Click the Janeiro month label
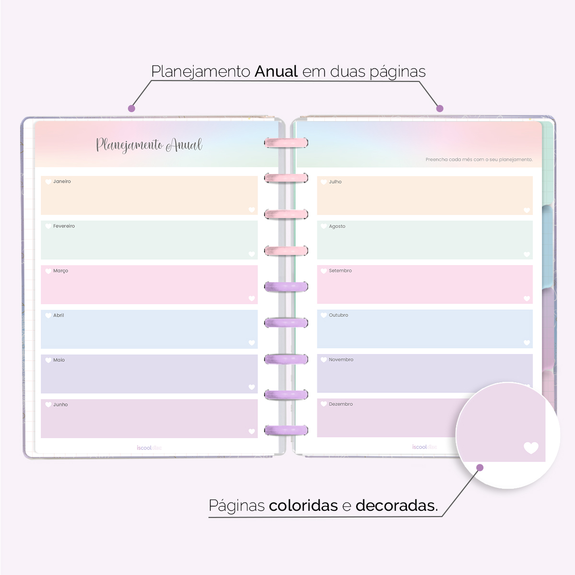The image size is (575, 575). tap(62, 182)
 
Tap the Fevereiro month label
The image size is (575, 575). tap(64, 226)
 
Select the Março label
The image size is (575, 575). tap(60, 271)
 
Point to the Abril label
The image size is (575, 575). tap(58, 315)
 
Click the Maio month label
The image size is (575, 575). tap(59, 360)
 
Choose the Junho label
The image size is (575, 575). tap(60, 404)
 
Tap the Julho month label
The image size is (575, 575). tap(335, 182)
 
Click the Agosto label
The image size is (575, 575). tap(337, 226)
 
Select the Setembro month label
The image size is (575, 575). tap(340, 271)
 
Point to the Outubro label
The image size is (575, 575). tap(338, 315)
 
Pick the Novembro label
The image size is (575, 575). tap(341, 360)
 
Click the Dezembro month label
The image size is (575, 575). tap(341, 404)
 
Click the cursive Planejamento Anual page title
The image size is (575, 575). tap(149, 145)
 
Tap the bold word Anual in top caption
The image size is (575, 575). tap(276, 71)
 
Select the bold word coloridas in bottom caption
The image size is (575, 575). tap(303, 506)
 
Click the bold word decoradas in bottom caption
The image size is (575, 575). tap(396, 506)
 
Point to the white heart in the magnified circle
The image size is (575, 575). tap(531, 448)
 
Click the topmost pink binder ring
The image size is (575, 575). tap(286, 142)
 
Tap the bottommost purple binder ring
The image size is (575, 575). tap(286, 430)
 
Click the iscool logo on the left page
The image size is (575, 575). tap(149, 448)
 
